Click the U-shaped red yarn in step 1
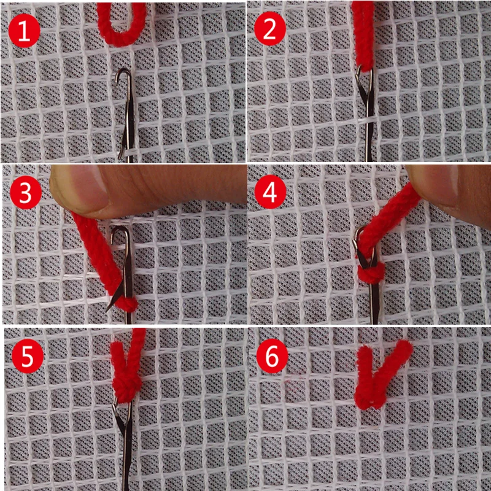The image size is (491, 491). tap(122, 28)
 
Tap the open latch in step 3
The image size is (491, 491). tap(112, 301)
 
